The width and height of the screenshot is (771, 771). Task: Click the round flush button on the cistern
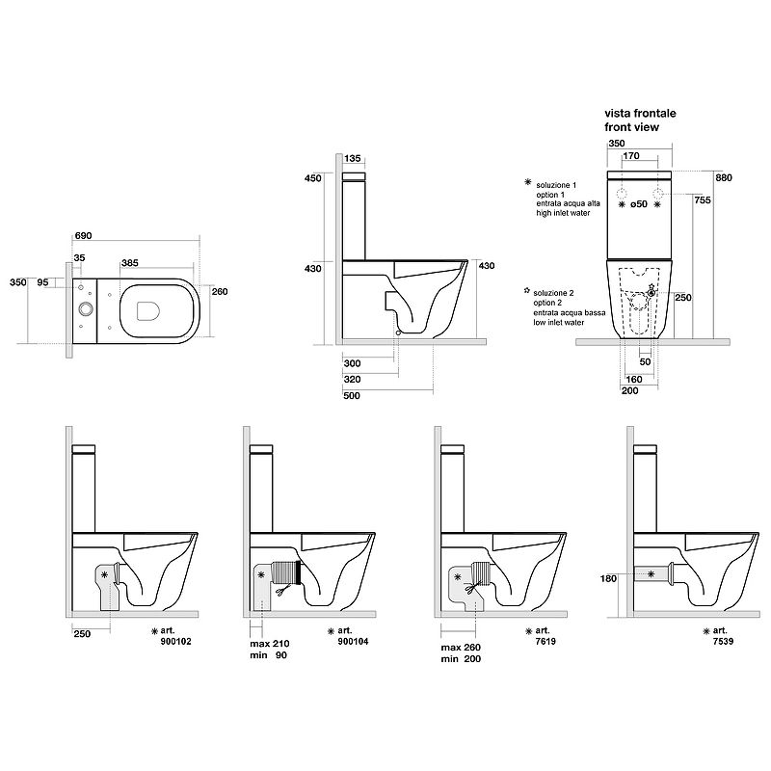click(87, 309)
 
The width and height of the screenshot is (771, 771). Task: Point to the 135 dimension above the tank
click(352, 159)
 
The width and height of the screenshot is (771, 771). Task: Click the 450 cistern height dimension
click(312, 178)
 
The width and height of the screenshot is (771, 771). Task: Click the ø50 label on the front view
click(639, 204)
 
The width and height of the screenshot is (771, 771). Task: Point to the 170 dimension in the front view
click(631, 154)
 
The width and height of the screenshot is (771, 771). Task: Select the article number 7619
click(533, 640)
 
